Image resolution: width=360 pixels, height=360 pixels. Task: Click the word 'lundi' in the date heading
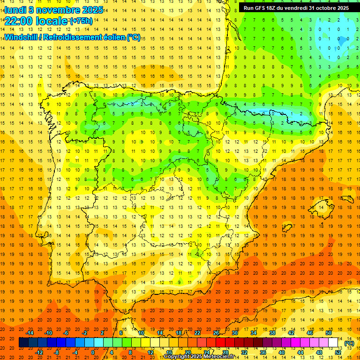tap(15, 10)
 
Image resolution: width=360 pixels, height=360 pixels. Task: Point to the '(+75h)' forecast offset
tap(81, 21)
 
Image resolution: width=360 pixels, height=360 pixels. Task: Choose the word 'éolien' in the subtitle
tap(110, 37)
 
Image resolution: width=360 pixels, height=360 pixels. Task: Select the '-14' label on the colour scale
tap(30, 333)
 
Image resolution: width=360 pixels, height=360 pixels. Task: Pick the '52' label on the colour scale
tap(338, 352)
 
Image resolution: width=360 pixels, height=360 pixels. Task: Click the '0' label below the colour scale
tap(93, 352)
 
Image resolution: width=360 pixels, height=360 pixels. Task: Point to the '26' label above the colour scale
tap(216, 333)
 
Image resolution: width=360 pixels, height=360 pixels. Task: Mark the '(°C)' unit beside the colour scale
tap(349, 343)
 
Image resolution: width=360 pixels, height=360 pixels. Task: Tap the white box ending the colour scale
tap(333, 343)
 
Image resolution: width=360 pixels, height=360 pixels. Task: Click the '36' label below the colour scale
tap(262, 352)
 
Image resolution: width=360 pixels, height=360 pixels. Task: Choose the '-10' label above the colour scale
tap(48, 333)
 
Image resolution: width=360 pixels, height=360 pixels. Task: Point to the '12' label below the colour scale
tap(150, 352)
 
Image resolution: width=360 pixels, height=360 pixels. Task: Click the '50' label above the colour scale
tap(329, 333)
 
